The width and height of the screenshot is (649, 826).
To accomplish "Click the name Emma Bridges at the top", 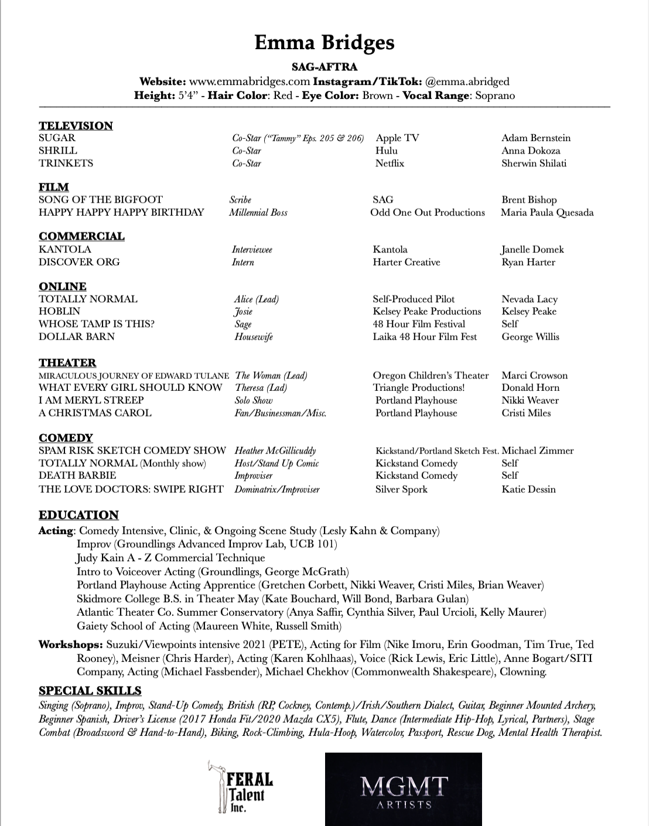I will click(x=324, y=43).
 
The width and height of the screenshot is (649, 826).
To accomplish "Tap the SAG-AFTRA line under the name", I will click(x=324, y=67).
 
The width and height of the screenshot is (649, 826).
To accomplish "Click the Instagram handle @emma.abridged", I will click(x=467, y=81).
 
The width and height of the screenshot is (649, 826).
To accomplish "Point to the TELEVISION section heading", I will click(x=76, y=125).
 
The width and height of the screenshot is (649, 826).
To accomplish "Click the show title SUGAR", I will click(x=57, y=138).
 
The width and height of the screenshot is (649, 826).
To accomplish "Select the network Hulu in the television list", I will click(x=386, y=151).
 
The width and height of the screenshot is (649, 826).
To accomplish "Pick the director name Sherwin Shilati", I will click(x=534, y=163).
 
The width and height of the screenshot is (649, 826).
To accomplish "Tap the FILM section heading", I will click(x=53, y=187).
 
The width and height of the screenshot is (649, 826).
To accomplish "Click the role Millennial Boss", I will click(x=258, y=213).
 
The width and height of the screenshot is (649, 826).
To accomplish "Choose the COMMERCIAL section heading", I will click(x=81, y=236).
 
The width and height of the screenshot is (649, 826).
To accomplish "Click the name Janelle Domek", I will click(x=532, y=250).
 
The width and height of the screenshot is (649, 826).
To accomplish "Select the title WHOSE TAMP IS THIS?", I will click(x=97, y=324).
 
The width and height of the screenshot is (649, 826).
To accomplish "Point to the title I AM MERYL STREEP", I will click(x=91, y=400).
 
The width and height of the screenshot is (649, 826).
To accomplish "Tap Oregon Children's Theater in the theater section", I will click(x=431, y=376).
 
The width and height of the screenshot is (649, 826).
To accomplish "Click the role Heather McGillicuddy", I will click(x=275, y=450).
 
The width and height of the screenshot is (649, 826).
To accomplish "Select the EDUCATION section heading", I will click(x=78, y=515).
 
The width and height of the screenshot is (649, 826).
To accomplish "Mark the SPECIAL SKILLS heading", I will click(x=90, y=691).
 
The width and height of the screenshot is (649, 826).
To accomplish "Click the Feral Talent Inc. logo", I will click(x=241, y=787).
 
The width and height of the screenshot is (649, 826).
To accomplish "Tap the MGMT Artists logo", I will click(x=404, y=789).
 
